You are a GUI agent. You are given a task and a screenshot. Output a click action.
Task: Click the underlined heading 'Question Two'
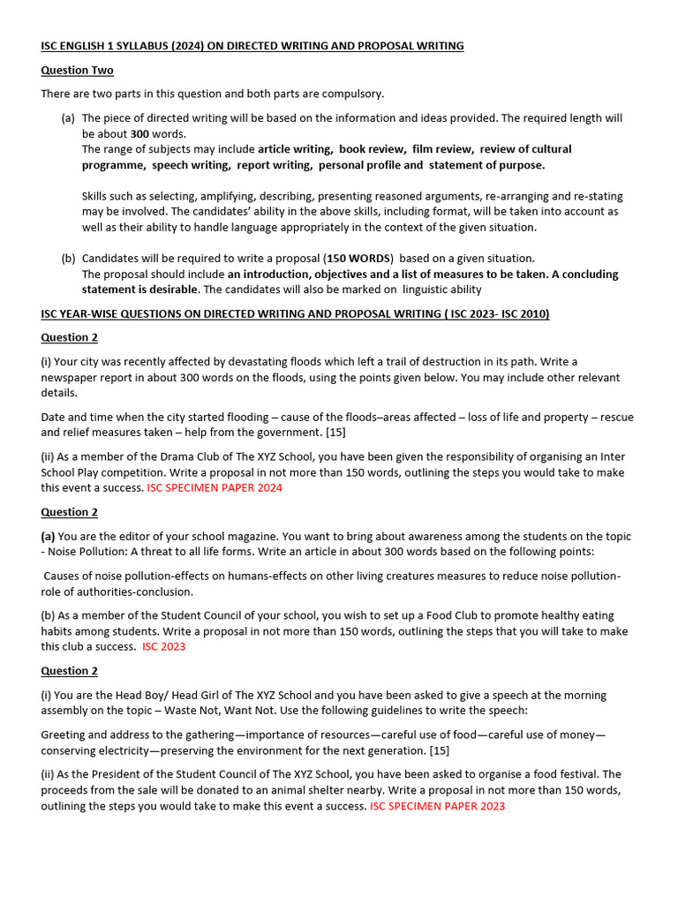click(77, 70)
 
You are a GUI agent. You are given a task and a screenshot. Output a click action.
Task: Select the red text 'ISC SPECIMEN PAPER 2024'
click(215, 487)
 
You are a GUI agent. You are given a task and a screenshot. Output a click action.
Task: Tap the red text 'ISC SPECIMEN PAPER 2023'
click(437, 805)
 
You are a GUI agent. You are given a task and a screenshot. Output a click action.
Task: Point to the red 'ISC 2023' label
click(164, 646)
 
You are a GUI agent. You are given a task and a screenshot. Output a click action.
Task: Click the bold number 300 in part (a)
click(139, 133)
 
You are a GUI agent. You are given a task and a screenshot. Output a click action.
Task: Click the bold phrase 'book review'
click(372, 149)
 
